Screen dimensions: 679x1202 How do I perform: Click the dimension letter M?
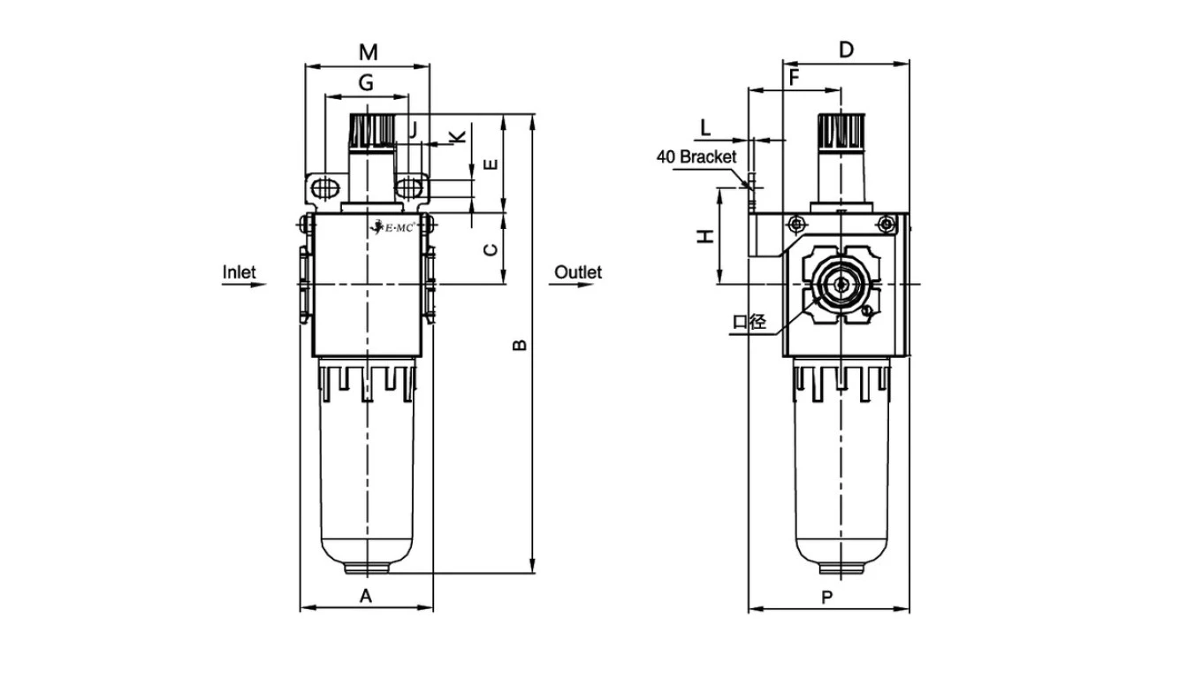click(x=368, y=52)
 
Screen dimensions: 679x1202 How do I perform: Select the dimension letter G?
click(x=365, y=83)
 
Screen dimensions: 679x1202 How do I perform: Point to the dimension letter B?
click(x=520, y=344)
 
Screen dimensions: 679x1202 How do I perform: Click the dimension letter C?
click(x=491, y=249)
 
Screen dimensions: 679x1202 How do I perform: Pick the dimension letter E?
click(x=491, y=164)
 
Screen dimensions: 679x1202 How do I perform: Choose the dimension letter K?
click(x=457, y=136)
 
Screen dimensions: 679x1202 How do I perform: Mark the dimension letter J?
click(x=411, y=130)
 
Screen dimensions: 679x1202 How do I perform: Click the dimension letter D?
click(x=846, y=50)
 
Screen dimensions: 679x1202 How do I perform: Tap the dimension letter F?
click(x=794, y=78)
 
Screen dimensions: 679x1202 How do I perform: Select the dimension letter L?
click(x=705, y=127)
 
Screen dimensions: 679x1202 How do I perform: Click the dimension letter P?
click(x=827, y=598)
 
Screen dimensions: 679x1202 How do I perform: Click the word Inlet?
click(x=239, y=271)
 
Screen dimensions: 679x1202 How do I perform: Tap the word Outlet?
click(x=578, y=271)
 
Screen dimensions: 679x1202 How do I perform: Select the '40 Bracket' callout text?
click(x=696, y=156)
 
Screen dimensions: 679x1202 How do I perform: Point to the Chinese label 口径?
click(x=749, y=321)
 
